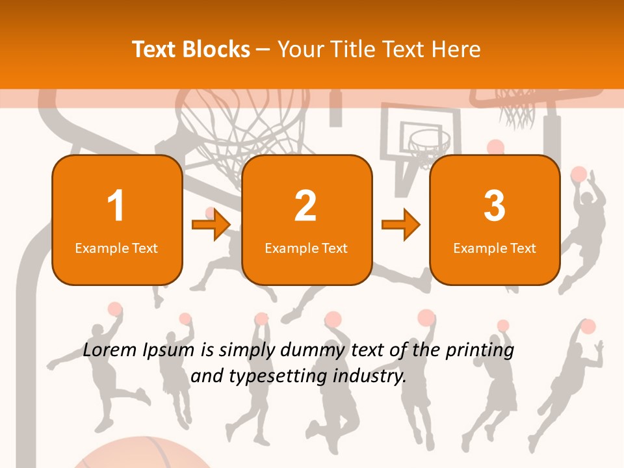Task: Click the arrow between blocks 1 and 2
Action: coord(211,225)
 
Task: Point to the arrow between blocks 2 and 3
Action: coord(400,225)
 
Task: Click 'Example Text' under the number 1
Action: coord(116,248)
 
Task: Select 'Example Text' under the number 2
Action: coord(306,248)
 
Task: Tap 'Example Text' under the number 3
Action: coord(495,248)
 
